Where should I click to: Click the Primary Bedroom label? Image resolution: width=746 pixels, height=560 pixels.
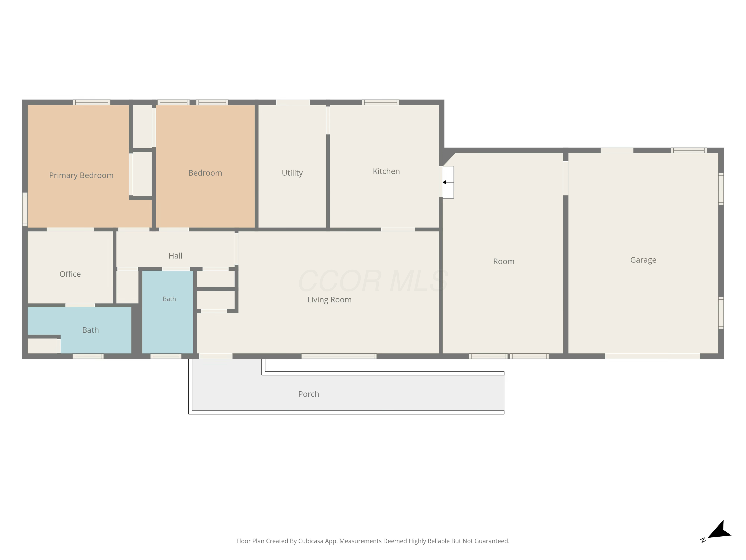[81, 175]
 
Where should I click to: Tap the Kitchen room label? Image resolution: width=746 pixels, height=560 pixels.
[386, 171]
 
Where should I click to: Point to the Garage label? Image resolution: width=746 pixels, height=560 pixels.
[643, 260]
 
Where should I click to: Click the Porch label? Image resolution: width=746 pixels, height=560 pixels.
[309, 394]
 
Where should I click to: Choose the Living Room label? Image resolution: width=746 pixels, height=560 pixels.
[329, 300]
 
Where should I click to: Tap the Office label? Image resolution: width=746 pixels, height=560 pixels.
[70, 274]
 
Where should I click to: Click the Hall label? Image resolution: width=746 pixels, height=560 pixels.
[175, 256]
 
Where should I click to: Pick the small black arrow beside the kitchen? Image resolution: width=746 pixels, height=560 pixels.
[448, 182]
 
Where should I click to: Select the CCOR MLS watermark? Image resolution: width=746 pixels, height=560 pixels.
[373, 281]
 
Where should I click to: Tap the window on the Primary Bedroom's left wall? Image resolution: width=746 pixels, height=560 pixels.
[25, 209]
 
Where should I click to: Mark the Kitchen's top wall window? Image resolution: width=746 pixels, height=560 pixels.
[380, 102]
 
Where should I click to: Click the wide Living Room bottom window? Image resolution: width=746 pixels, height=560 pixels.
[339, 356]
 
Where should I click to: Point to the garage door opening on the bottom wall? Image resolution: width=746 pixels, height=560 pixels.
[653, 356]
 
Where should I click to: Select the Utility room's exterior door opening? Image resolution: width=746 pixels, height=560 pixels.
[293, 102]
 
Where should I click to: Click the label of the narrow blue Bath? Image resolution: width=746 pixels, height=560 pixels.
[169, 299]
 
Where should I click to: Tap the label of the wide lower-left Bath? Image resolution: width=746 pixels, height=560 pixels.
[90, 330]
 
